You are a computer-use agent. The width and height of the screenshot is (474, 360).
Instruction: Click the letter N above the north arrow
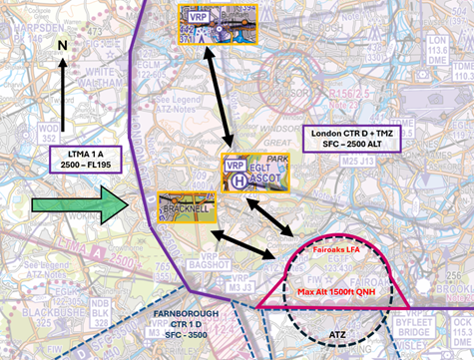63,46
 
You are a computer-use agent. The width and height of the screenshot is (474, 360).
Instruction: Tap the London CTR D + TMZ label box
348,138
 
